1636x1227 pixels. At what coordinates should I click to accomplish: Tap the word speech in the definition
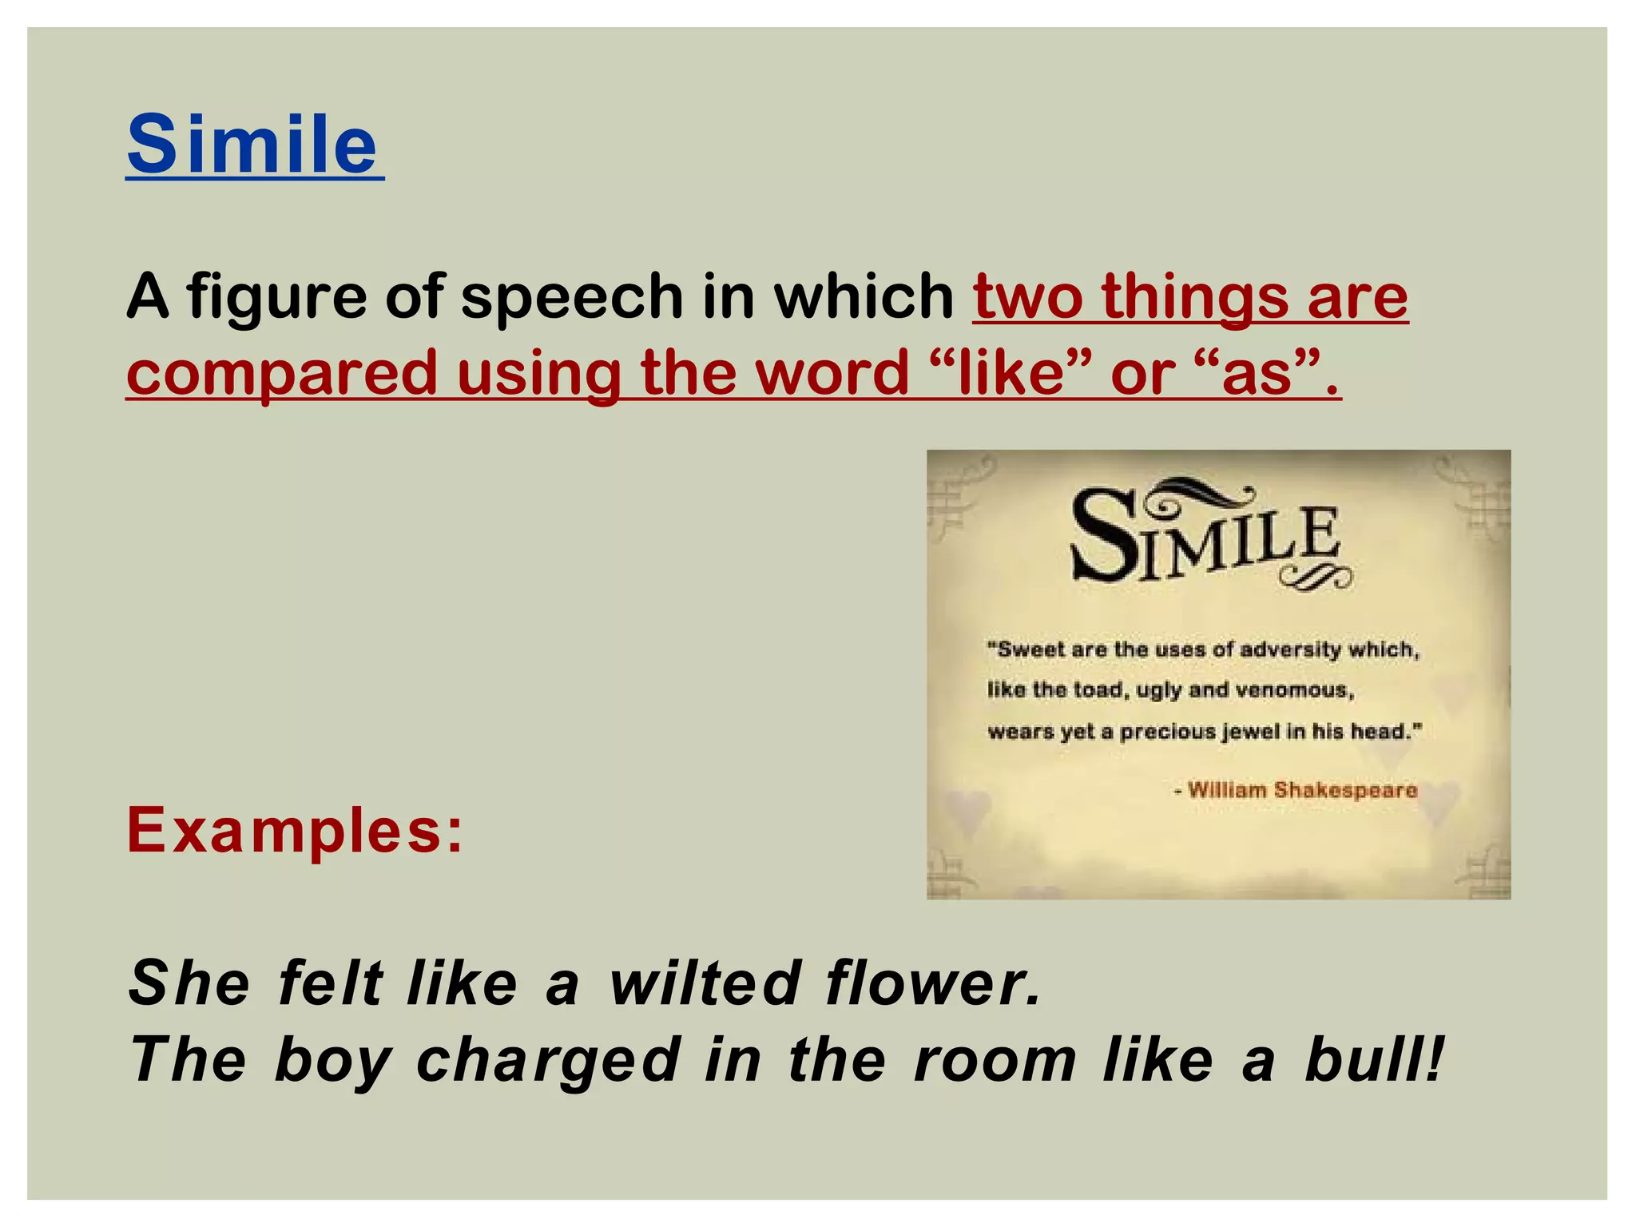pos(572,297)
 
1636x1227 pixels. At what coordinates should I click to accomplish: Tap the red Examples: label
pos(295,831)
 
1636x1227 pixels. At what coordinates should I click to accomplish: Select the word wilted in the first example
pos(705,983)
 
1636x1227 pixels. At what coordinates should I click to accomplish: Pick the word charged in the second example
pos(548,1061)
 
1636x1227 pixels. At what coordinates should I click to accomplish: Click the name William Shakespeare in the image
pos(1302,790)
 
